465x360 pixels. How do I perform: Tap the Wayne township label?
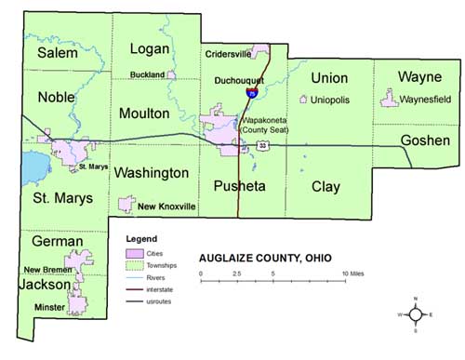point(419,75)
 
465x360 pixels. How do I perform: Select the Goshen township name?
point(425,140)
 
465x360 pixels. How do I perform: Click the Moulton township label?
point(144,113)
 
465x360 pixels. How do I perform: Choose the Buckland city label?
point(147,74)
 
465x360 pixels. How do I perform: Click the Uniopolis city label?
point(330,99)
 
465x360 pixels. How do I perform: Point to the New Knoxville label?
point(168,206)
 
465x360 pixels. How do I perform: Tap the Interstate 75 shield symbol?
point(252,93)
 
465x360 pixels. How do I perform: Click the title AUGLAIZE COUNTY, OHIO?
point(263,258)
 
